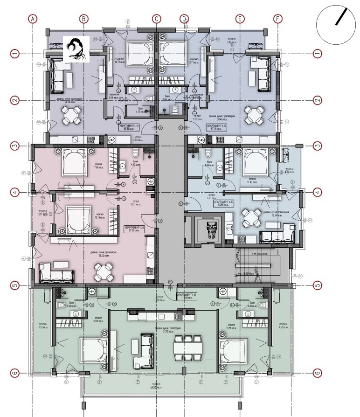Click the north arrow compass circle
[338, 24]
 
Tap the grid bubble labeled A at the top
[32, 19]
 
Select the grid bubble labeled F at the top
[278, 19]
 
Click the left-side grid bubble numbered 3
[15, 146]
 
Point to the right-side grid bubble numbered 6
[318, 373]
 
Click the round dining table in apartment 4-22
[104, 271]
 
